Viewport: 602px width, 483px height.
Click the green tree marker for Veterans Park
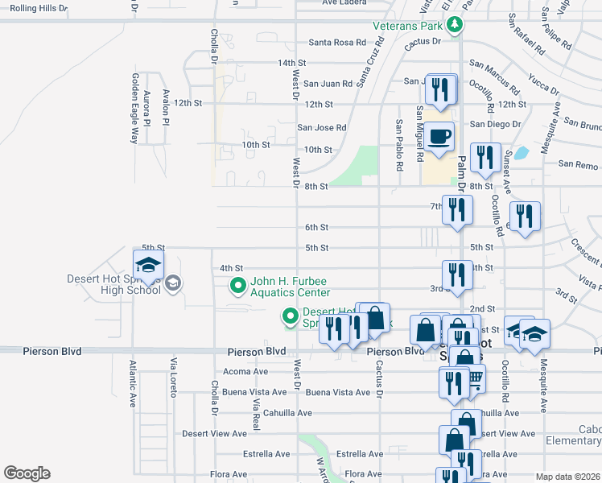(x=455, y=25)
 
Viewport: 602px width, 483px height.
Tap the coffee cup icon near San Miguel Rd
(x=439, y=136)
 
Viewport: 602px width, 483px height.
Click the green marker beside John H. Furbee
(x=237, y=285)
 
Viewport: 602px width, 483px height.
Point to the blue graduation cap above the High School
(x=148, y=265)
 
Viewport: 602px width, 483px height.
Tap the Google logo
(x=27, y=473)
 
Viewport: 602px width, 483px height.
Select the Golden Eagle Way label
(x=135, y=109)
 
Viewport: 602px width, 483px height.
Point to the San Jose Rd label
(x=322, y=127)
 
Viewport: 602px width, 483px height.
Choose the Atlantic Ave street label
(x=133, y=383)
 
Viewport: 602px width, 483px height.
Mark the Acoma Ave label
(x=245, y=372)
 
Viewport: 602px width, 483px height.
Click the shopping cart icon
(x=475, y=378)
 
